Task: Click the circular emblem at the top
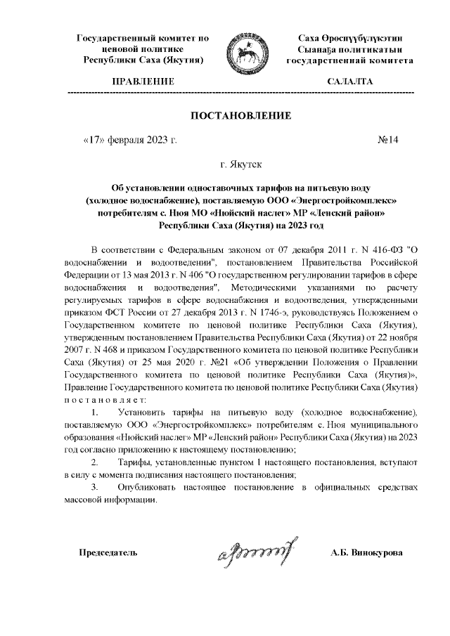(x=247, y=53)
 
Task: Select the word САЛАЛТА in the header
(x=350, y=82)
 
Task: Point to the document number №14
(x=388, y=139)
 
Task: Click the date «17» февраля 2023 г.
(x=129, y=139)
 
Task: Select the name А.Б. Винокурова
(x=366, y=552)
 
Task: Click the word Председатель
(x=107, y=552)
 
